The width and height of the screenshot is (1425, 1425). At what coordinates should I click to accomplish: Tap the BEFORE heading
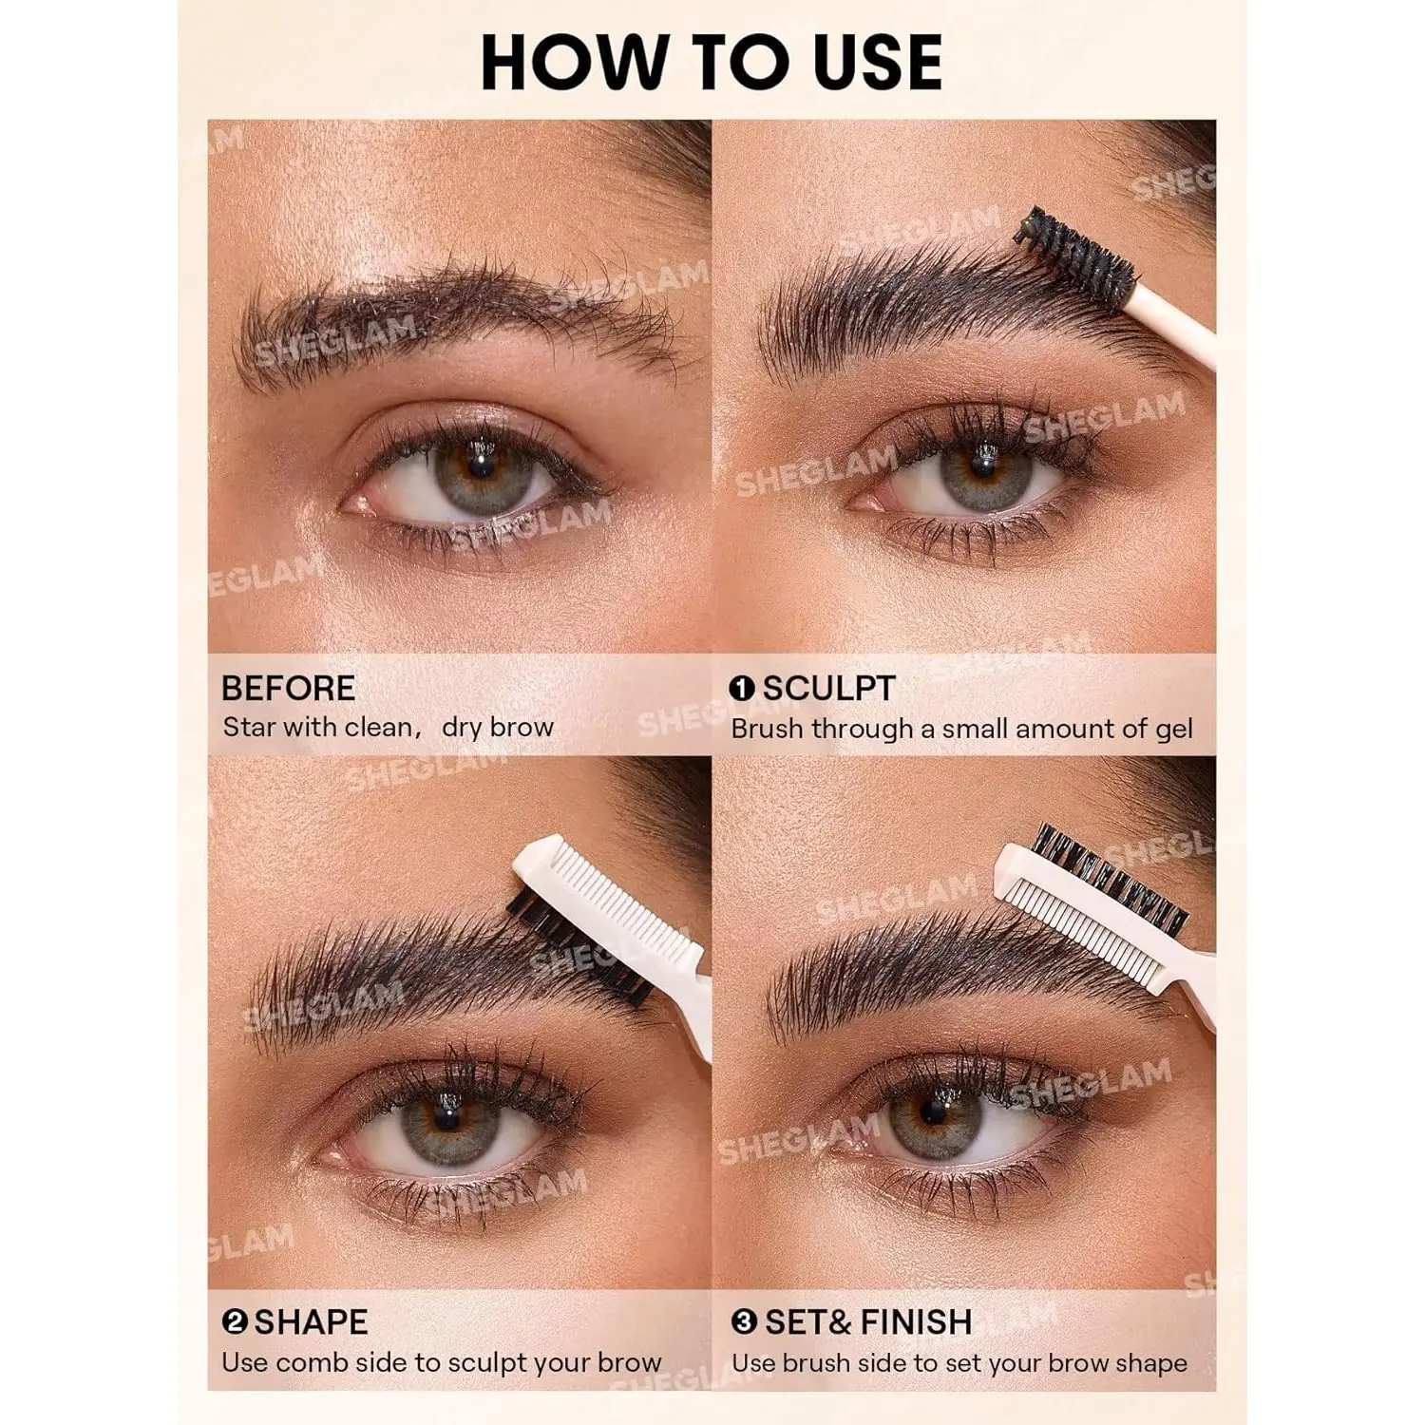(288, 688)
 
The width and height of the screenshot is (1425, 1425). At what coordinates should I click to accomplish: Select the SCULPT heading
(828, 688)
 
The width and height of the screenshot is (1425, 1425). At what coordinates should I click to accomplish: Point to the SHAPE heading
(311, 1321)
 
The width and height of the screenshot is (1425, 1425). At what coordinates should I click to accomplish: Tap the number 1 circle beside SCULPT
(742, 688)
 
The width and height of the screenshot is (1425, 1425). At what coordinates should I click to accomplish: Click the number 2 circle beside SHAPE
(235, 1321)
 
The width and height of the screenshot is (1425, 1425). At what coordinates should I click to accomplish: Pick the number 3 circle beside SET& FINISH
(745, 1321)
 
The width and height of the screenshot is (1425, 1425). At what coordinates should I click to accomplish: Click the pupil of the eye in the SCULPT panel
(982, 465)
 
